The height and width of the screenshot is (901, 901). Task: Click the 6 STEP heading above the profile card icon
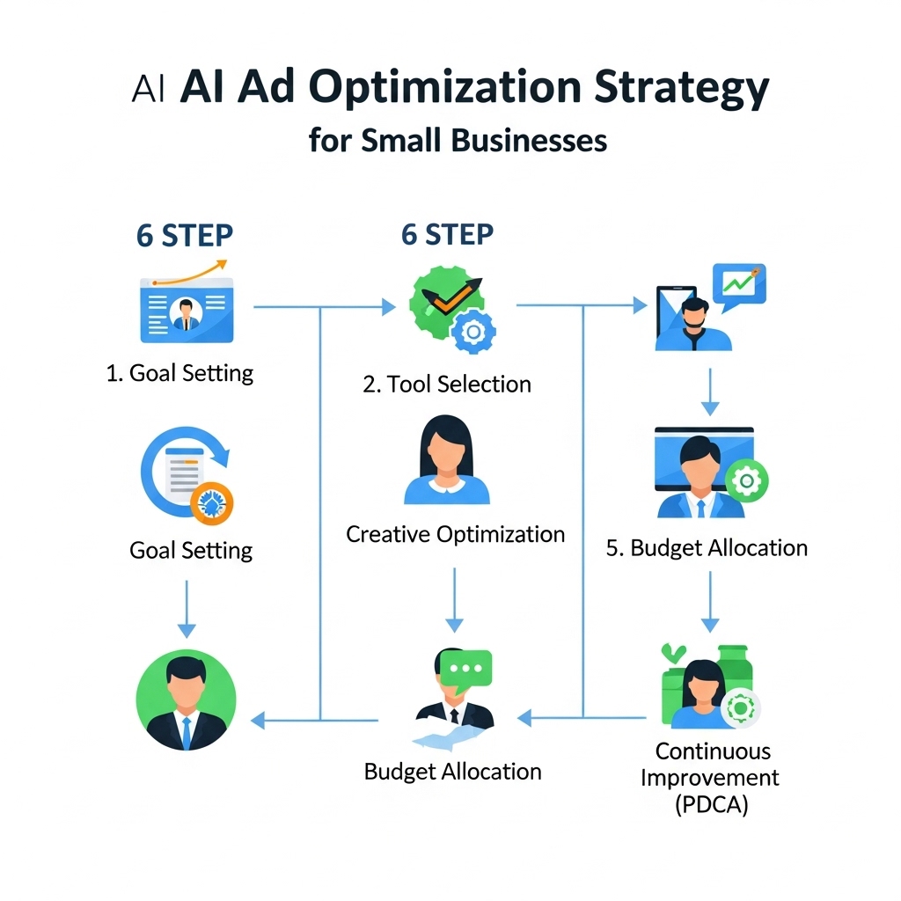point(185,236)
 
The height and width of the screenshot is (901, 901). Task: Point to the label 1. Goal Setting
point(179,373)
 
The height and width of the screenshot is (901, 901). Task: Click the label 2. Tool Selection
point(447,385)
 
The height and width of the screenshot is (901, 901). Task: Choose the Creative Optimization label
point(455,534)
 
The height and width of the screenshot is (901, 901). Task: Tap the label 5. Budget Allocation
point(707,548)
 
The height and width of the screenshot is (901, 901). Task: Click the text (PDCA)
point(711,804)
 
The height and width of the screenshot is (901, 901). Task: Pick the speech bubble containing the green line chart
point(740,285)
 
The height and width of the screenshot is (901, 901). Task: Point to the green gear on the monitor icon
point(749,480)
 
